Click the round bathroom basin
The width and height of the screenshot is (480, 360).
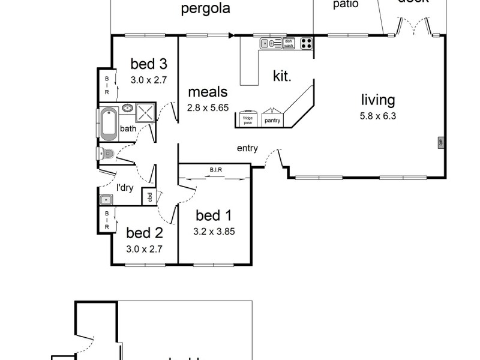pos(127,108)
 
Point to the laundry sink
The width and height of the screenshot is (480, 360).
pos(107,199)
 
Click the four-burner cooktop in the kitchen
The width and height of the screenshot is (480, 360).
pos(306,43)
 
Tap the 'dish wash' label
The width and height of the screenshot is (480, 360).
pos(289,43)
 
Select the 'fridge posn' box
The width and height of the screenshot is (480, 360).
pos(247,118)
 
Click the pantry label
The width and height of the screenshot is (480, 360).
pos(272,120)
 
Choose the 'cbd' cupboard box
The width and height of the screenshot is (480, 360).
pos(148,196)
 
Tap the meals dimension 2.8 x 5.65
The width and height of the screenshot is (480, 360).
pos(208,108)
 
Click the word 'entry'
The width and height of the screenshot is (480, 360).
pos(247,148)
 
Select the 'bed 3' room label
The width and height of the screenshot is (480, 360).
pos(148,63)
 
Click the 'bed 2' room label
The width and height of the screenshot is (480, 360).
pos(144,232)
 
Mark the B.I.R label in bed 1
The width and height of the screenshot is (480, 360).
pos(215,170)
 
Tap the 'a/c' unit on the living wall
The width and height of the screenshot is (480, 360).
pos(440,142)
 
